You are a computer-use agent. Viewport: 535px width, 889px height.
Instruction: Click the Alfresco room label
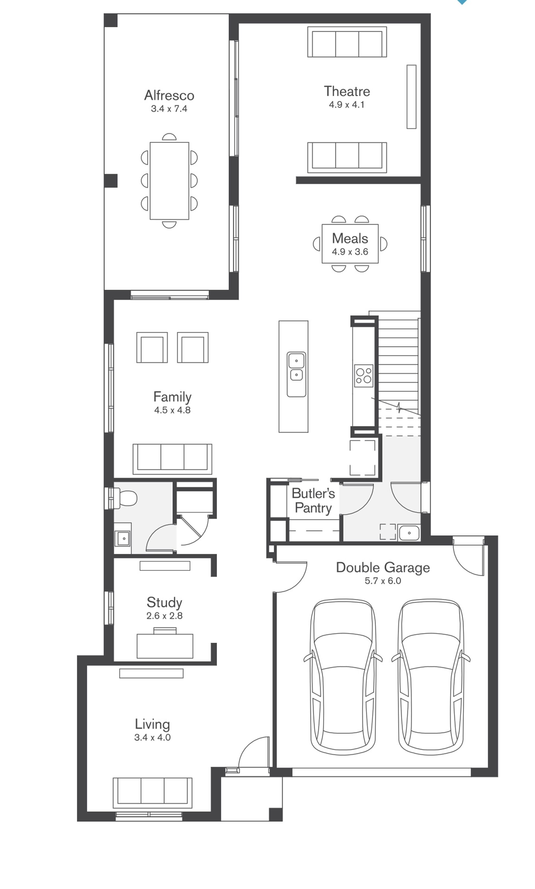pos(169,95)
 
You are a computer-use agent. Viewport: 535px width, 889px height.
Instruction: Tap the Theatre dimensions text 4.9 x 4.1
pos(347,105)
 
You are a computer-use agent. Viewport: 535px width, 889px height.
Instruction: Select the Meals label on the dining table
pos(350,238)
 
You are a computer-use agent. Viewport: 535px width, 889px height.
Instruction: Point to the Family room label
pos(172,397)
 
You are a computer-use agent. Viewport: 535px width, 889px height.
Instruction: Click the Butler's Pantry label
pos(313,500)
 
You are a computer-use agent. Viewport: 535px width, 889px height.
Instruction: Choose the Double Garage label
pos(383,567)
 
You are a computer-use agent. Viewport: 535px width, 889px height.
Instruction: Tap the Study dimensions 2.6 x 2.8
pos(165,616)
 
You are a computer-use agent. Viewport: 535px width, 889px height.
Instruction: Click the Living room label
pos(152,724)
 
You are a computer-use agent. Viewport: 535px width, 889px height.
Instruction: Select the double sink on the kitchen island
pos(296,374)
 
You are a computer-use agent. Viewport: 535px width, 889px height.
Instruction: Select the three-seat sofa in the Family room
pos(172,459)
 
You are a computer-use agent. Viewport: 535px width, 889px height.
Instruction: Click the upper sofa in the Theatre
pos(347,42)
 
